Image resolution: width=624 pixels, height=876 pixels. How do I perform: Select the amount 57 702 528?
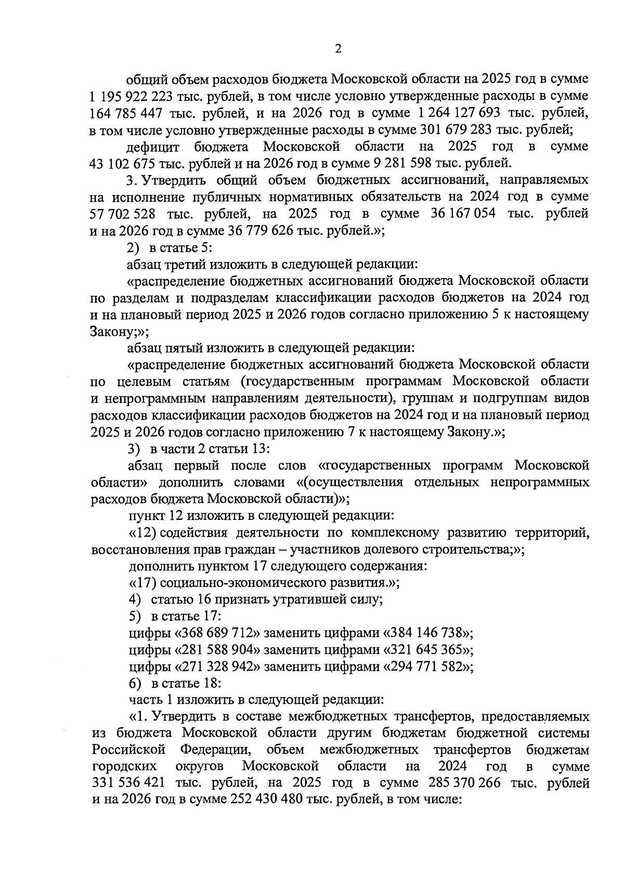[123, 214]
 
